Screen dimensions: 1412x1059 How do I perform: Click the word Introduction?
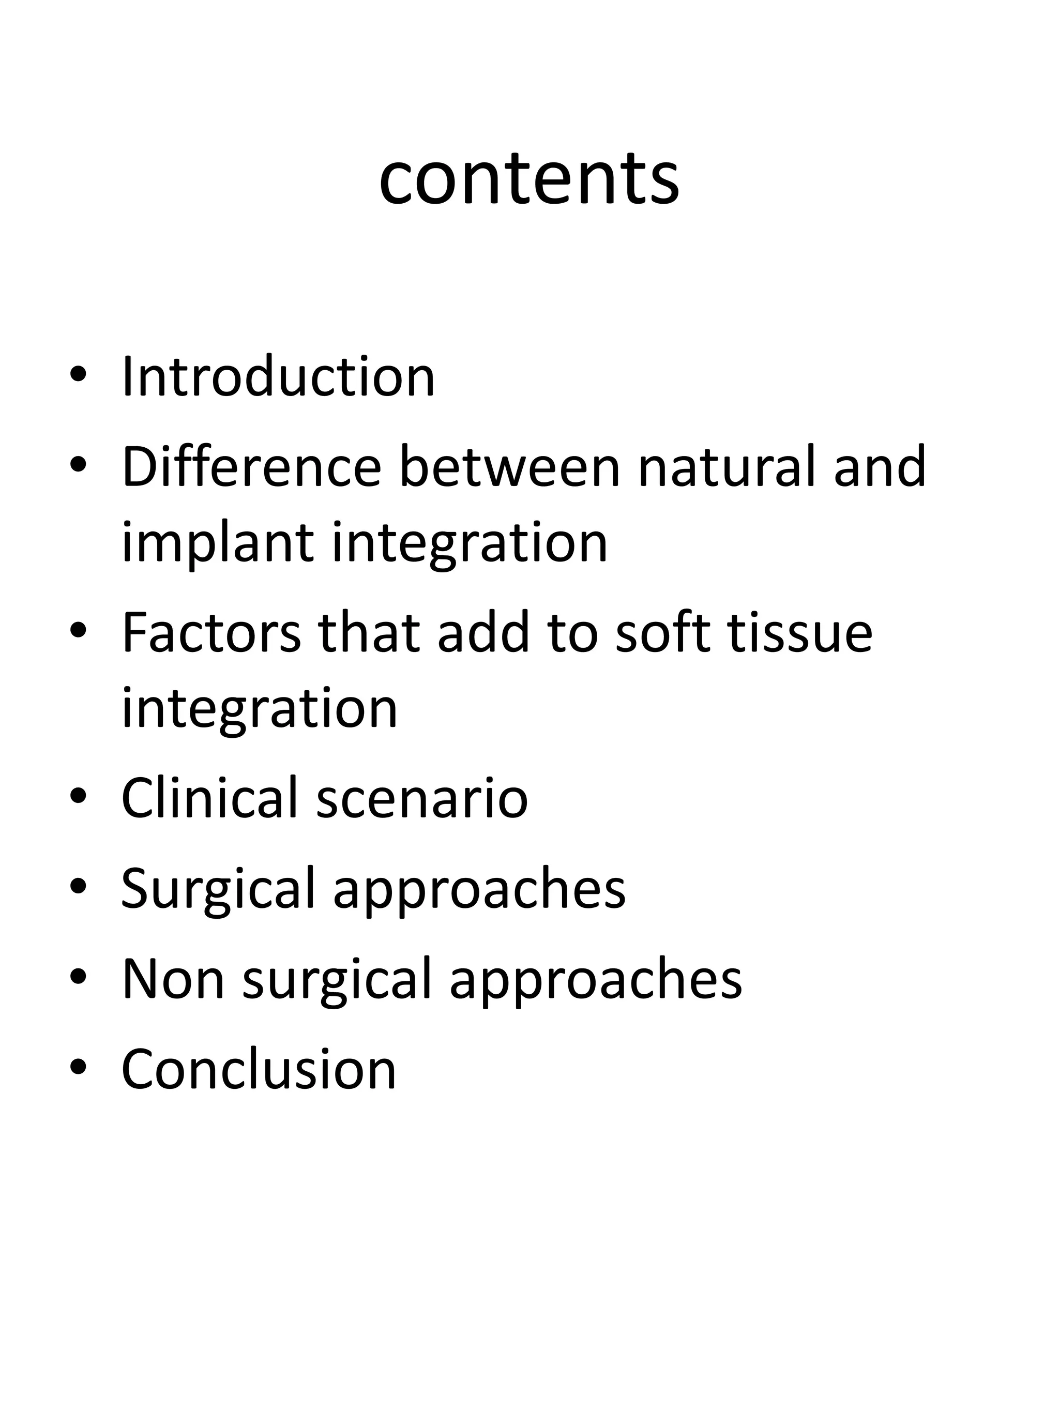coord(278,376)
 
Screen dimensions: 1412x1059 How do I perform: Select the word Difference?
coord(251,467)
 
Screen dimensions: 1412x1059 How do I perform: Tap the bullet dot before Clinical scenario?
coord(78,798)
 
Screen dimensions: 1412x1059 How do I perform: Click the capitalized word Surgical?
coord(218,889)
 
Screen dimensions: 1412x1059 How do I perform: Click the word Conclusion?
coord(259,1069)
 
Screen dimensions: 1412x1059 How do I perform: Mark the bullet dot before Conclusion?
coord(78,1069)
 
